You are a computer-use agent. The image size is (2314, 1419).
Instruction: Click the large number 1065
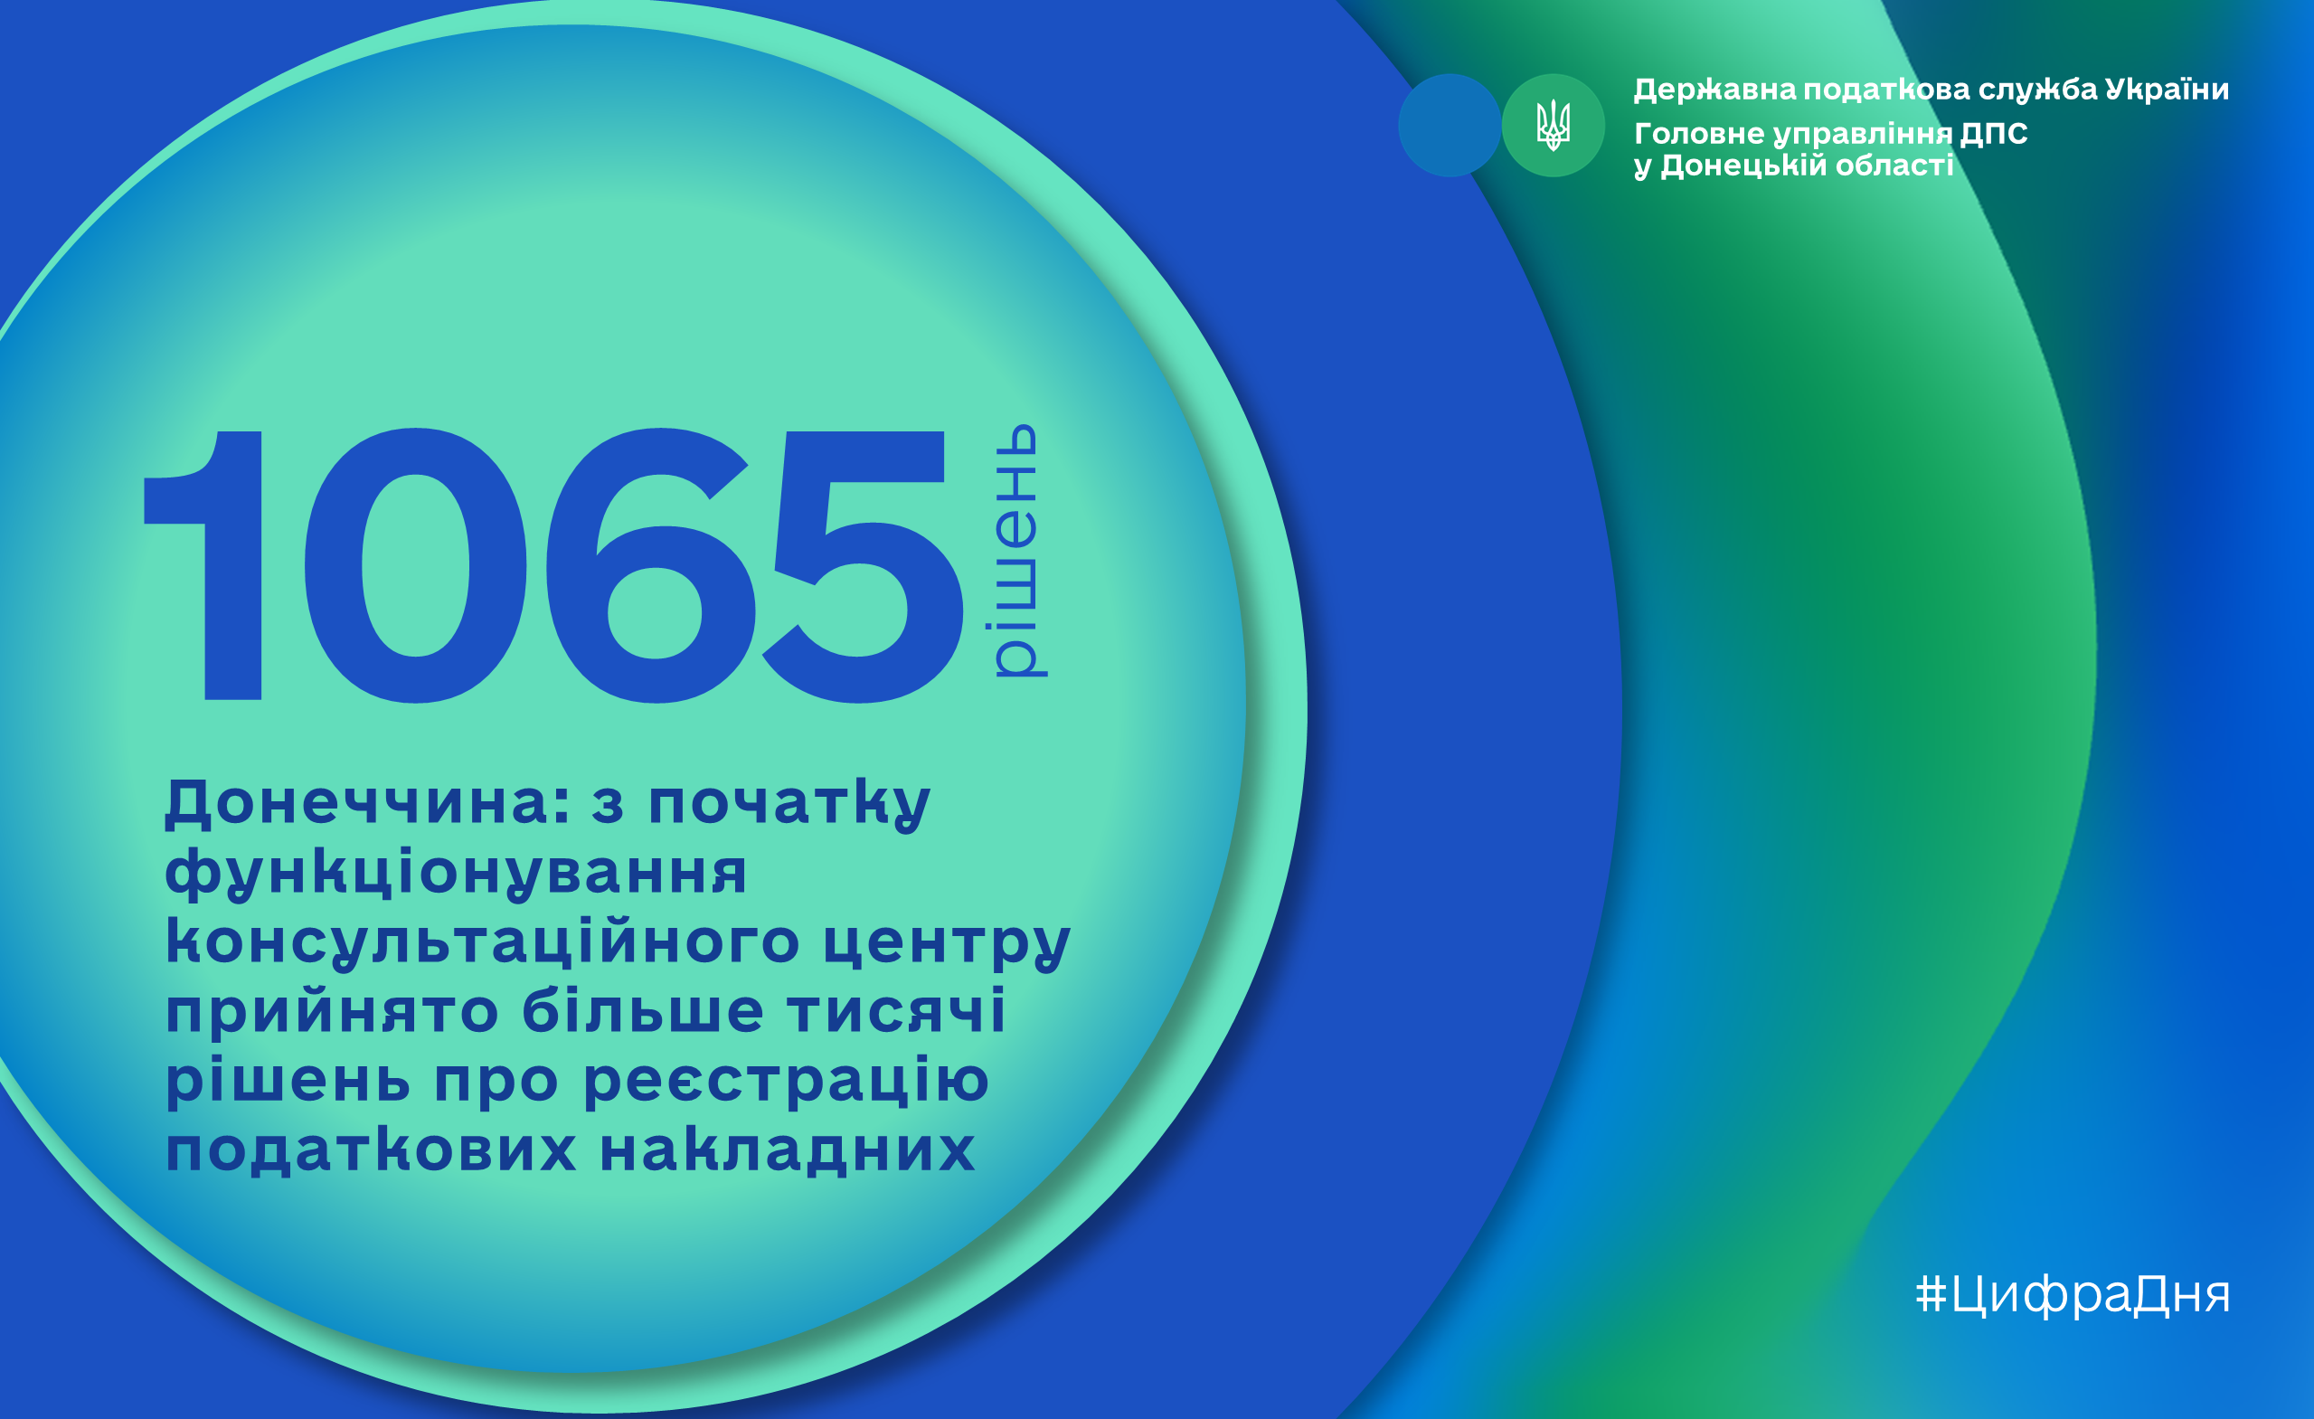pos(554,565)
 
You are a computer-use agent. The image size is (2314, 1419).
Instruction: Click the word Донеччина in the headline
pos(369,803)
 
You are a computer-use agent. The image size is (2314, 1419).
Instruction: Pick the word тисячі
pos(897,1010)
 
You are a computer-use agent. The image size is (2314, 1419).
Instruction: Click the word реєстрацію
pos(786,1081)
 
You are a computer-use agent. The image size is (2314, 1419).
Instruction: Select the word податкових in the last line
pos(371,1149)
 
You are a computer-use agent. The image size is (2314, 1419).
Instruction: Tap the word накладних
pos(788,1150)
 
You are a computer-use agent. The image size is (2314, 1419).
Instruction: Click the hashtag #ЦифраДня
pos(2073,1295)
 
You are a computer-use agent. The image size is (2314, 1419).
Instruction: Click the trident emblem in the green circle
pos(1554,125)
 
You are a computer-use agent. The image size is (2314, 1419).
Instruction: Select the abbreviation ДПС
pos(1994,133)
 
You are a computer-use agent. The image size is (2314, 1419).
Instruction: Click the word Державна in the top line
pos(1714,90)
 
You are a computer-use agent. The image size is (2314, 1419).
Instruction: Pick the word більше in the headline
pos(642,1010)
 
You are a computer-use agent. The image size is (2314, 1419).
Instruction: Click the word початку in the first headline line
pos(789,805)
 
